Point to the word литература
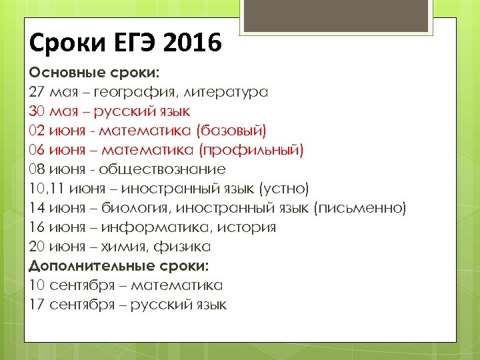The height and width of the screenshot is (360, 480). click(x=226, y=92)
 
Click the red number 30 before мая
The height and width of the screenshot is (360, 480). click(x=37, y=111)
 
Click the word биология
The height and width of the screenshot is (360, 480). click(x=136, y=208)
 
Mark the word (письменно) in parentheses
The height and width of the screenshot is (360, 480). click(x=359, y=208)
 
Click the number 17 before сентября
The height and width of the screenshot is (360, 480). click(x=37, y=305)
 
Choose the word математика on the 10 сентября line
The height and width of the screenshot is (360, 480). click(x=176, y=285)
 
